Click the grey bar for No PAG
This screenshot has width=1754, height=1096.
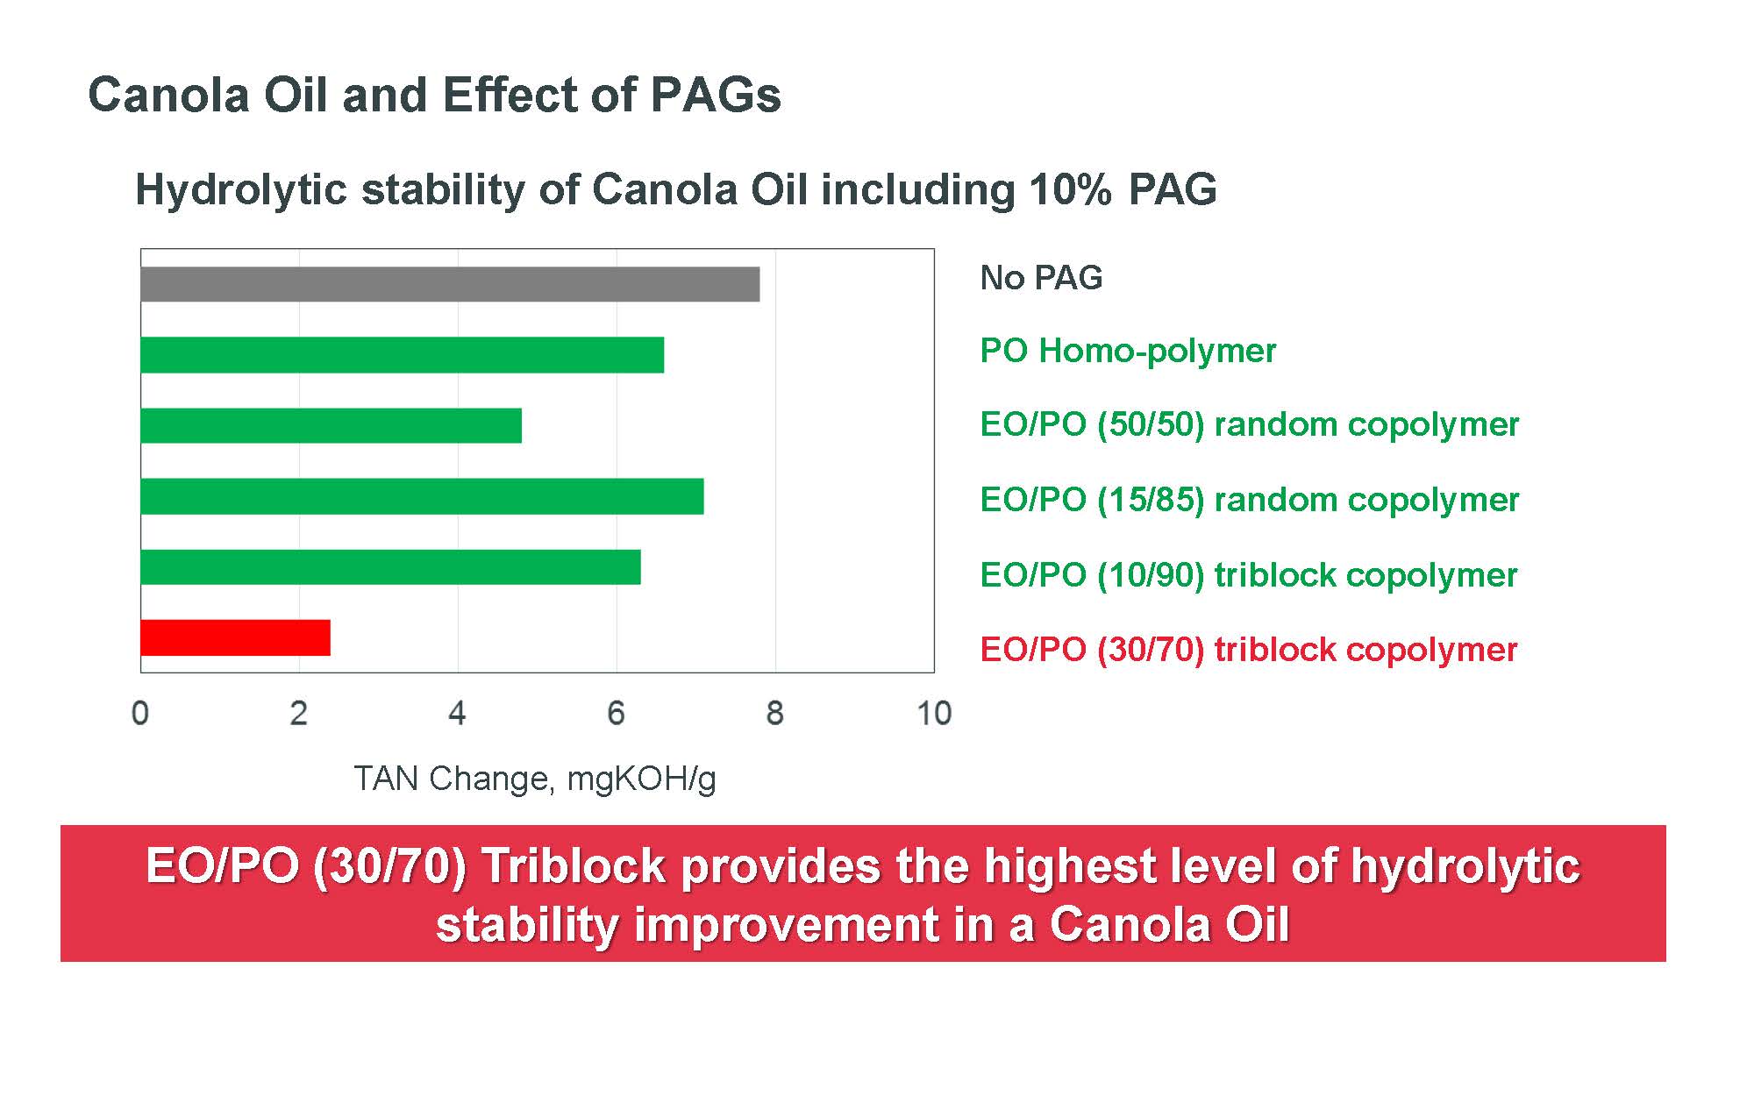(x=450, y=284)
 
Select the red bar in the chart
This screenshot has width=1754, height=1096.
(x=236, y=637)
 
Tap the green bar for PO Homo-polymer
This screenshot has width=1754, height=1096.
(x=403, y=355)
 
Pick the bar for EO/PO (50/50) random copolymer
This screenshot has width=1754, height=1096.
(x=332, y=425)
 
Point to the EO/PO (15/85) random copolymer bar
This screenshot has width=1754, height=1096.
(x=422, y=496)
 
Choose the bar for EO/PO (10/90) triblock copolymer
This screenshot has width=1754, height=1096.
(x=390, y=566)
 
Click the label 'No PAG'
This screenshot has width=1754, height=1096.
(x=1041, y=278)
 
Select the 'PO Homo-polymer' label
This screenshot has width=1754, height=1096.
(x=1128, y=351)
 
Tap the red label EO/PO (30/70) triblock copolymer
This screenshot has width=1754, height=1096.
(x=1249, y=650)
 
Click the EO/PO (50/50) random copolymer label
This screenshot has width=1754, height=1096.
(x=1250, y=424)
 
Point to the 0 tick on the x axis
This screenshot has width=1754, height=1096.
(x=140, y=713)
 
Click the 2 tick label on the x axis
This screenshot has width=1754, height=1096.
(x=299, y=713)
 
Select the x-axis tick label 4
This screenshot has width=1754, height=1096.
(x=457, y=713)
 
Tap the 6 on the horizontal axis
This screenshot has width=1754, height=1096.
(x=616, y=713)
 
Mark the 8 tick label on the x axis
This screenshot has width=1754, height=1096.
(x=774, y=713)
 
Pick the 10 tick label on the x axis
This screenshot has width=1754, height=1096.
(x=934, y=713)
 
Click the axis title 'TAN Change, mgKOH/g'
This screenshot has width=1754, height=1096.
(x=535, y=779)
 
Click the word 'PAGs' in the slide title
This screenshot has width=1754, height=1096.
(x=716, y=95)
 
